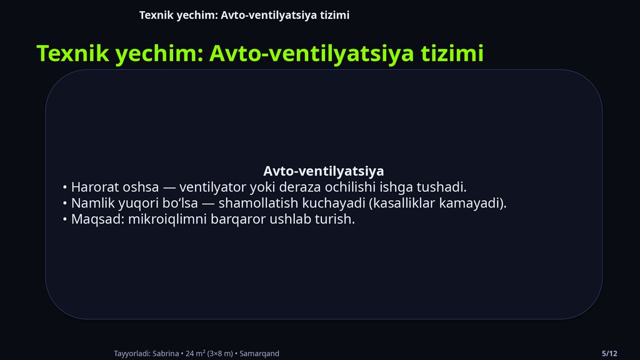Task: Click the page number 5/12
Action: coord(609,353)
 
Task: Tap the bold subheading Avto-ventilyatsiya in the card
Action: coord(323,171)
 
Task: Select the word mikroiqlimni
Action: coord(166,220)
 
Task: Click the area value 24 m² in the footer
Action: coord(197,353)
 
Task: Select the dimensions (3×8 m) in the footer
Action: coord(222,353)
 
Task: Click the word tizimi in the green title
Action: coord(452,53)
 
